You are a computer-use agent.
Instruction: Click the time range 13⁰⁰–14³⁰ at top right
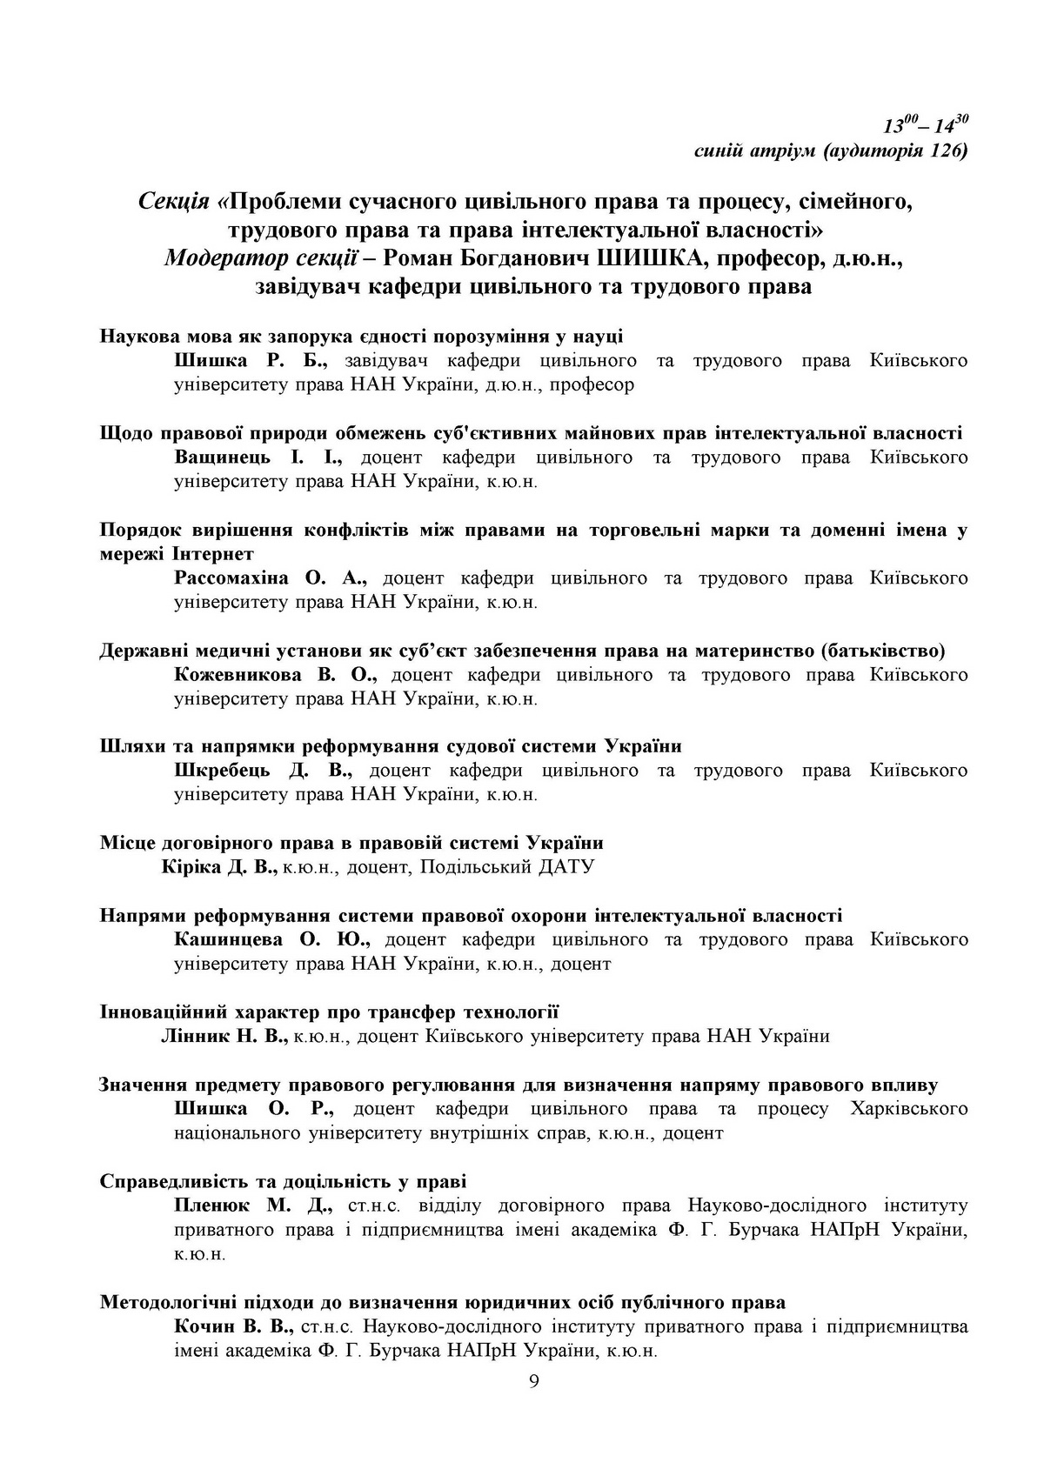click(926, 125)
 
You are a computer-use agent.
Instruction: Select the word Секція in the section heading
click(173, 202)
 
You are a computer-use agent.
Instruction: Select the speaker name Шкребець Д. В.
click(263, 771)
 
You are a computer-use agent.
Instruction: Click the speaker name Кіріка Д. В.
click(219, 867)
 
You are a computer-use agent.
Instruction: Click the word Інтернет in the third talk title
click(212, 554)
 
